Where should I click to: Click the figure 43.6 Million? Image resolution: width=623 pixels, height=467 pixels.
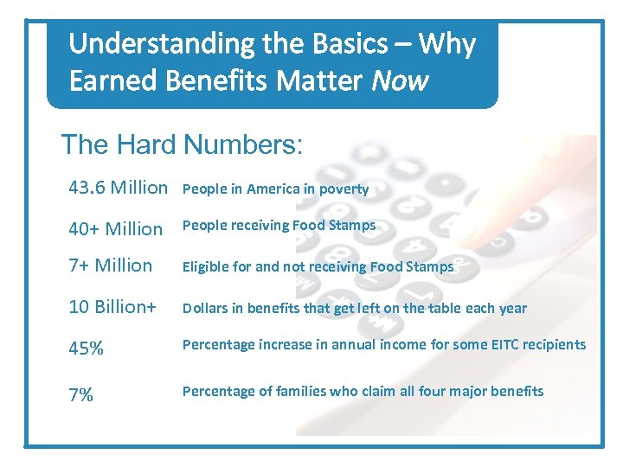point(119,187)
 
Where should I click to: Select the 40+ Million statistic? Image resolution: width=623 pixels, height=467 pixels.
point(116,229)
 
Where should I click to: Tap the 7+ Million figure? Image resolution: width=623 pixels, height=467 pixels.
point(111,265)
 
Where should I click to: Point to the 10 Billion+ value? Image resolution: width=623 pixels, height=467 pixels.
point(113,308)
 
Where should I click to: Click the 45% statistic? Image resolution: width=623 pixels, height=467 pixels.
point(87,348)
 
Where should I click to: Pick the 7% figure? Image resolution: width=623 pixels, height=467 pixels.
point(81,395)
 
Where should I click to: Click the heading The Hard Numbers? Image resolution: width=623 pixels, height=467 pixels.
point(182,144)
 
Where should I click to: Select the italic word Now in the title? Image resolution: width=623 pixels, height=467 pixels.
point(399,80)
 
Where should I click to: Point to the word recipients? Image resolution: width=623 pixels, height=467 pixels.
point(553,344)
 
